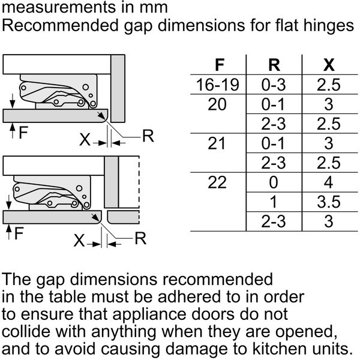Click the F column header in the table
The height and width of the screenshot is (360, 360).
coord(220,65)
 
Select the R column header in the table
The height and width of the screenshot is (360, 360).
coord(274,65)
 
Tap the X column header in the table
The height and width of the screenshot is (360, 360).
coord(329,65)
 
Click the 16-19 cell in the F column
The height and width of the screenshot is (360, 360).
coord(217,85)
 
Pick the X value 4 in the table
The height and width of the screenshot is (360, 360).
coord(329,182)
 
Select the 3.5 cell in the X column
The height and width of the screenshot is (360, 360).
coord(329,202)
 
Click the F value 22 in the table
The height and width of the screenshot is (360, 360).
coord(217,182)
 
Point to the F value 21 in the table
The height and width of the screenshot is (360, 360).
coord(217,143)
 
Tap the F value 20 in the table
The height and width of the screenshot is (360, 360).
coord(217,104)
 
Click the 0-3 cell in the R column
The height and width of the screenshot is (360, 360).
coord(274,85)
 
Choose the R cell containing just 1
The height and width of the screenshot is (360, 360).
coord(274,202)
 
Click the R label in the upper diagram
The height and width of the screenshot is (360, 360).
coord(148,136)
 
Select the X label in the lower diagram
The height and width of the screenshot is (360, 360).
coord(79,241)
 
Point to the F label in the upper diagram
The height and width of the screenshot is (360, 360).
coord(23,133)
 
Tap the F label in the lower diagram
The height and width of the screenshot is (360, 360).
coord(19,233)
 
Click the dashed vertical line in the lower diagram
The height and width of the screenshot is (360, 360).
coord(139,190)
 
